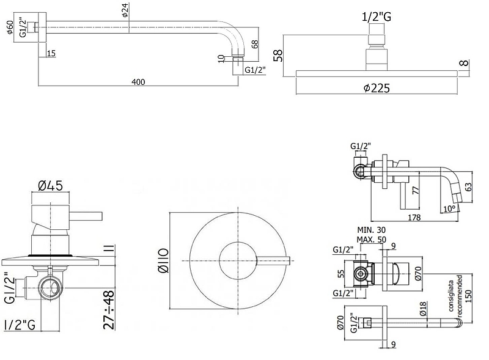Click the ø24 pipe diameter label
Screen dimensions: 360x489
(125, 11)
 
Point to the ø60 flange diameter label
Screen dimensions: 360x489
(10, 28)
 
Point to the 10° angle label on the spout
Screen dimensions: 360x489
(449, 208)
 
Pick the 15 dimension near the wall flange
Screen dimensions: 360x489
(50, 54)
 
